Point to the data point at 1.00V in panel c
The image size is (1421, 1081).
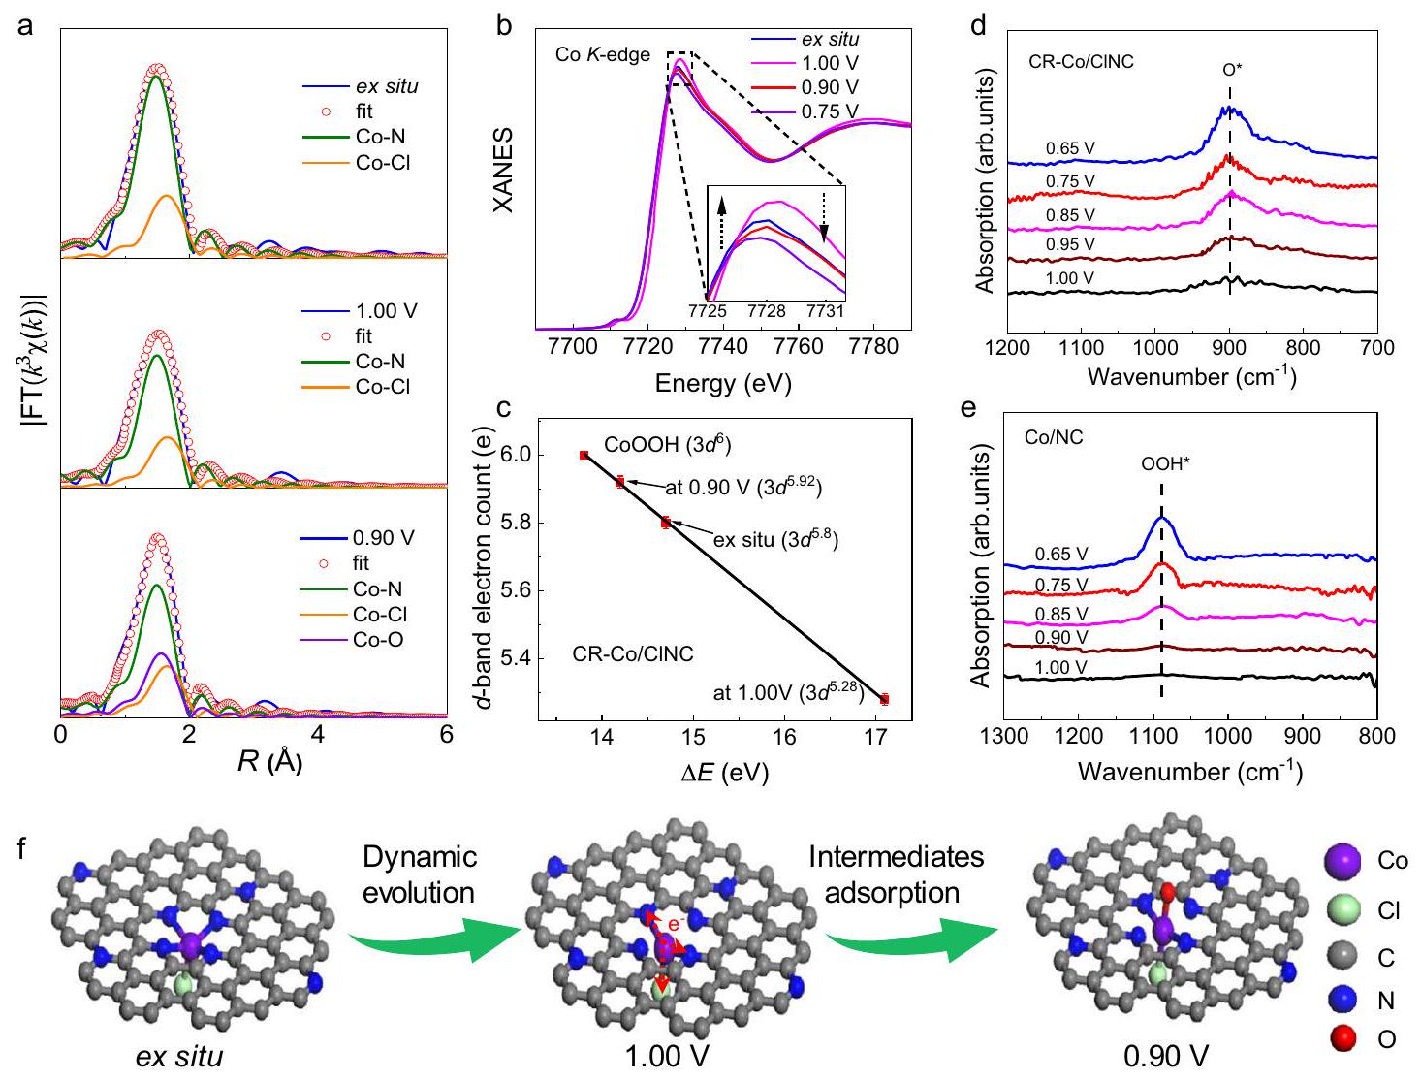[x=883, y=699]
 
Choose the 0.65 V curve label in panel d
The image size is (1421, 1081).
[x=1070, y=148]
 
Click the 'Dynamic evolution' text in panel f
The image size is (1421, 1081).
[x=420, y=874]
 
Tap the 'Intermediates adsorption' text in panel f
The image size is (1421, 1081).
[x=896, y=874]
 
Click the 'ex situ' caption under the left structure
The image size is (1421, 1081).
[x=179, y=1056]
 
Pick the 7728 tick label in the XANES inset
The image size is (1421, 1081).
[x=767, y=311]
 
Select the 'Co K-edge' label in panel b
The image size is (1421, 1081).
[x=602, y=55]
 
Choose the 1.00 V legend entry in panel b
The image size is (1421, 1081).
[x=829, y=64]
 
